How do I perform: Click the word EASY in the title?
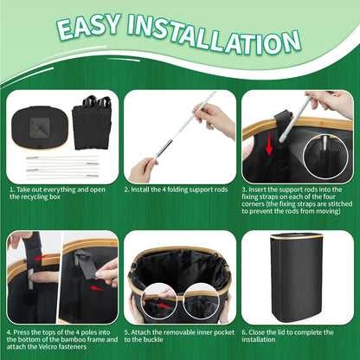tap(89, 27)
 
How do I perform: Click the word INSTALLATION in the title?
tap(214, 35)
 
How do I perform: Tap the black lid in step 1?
tap(40, 127)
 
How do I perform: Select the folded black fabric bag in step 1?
tap(92, 122)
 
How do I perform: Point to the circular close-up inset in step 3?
tap(325, 157)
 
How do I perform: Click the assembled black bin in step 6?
tap(297, 278)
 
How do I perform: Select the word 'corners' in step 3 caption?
tap(254, 204)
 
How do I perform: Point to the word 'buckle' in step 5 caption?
tap(153, 339)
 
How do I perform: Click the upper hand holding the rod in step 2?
tap(214, 118)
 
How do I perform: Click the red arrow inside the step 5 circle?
tap(165, 305)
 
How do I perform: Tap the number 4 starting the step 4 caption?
tap(10, 332)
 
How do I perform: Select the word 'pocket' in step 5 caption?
tap(223, 332)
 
